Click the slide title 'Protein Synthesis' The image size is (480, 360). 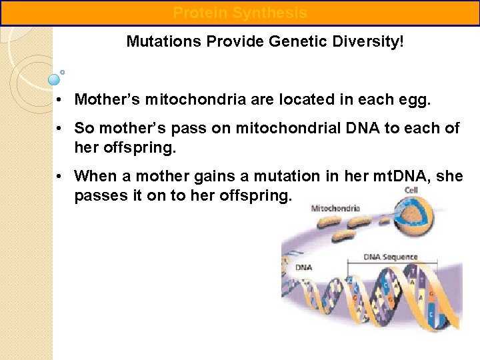click(240, 13)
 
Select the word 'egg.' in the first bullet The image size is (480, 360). click(416, 100)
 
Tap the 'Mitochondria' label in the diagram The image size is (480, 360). click(335, 208)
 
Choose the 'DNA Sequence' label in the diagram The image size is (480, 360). click(391, 257)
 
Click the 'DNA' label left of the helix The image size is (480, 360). click(303, 267)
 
